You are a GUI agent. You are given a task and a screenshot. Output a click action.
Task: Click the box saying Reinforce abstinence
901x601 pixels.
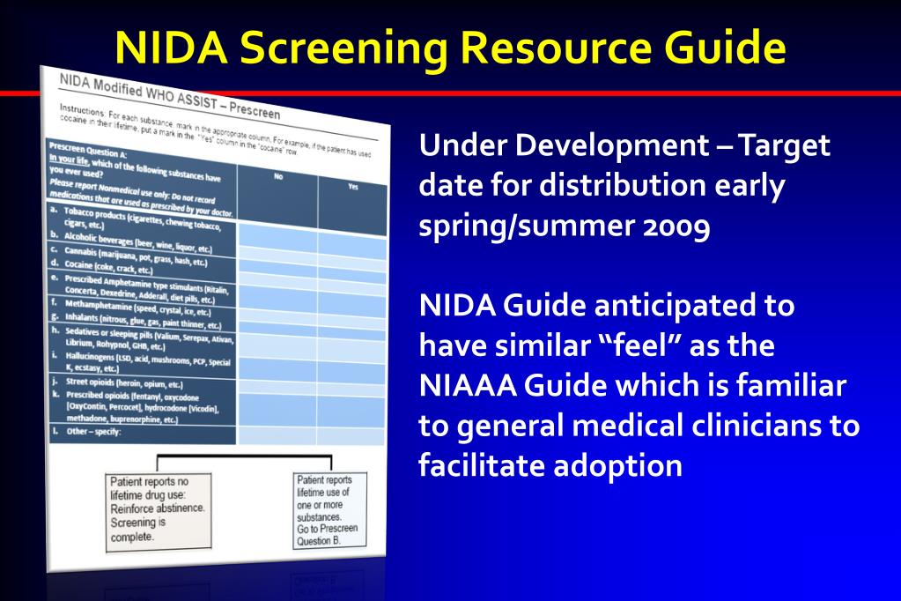pos(159,509)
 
